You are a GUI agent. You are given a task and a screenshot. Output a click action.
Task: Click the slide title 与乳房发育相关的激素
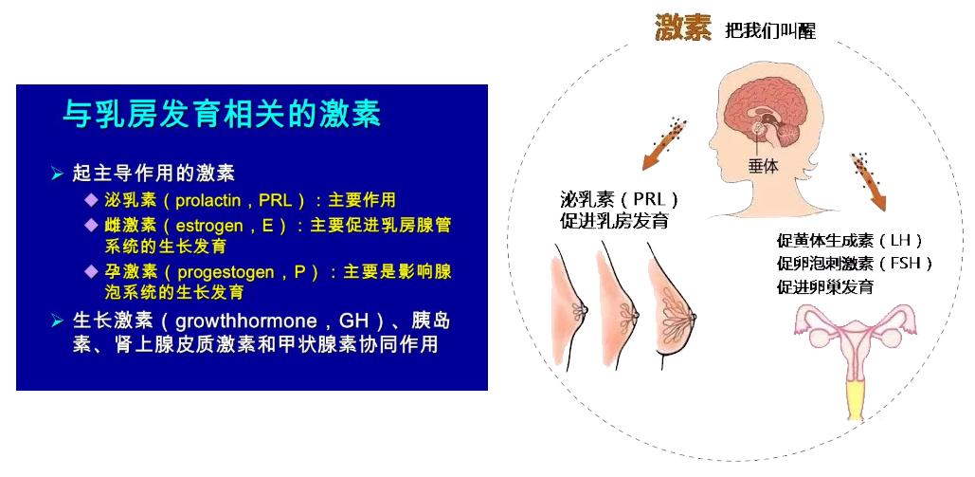point(222,115)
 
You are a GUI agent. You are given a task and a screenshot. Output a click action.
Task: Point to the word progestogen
point(226,272)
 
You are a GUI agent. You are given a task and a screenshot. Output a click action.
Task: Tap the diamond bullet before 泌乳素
point(92,199)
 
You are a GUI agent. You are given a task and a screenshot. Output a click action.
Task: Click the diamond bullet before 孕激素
point(92,271)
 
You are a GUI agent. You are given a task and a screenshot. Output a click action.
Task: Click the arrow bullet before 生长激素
point(58,321)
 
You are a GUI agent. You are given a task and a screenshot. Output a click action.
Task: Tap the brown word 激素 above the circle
point(683,28)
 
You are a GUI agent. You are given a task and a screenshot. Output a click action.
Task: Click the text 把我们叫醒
point(769,30)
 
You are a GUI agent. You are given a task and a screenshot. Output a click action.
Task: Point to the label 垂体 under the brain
point(763,166)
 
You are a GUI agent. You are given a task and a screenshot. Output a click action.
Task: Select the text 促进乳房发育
point(614,221)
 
